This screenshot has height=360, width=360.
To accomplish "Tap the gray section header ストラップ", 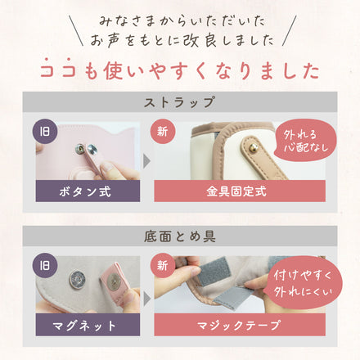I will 180,103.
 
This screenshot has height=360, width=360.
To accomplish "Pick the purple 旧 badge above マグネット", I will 46,266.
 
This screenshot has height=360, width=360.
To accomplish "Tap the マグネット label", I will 85,325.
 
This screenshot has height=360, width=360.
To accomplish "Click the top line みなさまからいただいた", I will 179,18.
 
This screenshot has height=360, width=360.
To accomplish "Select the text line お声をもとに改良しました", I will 179,38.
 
